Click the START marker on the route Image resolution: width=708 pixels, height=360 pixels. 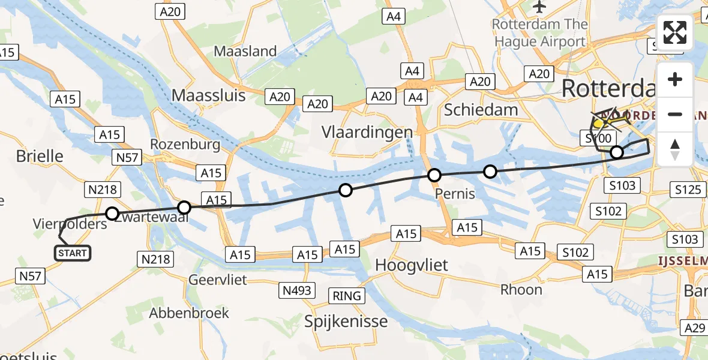(73, 253)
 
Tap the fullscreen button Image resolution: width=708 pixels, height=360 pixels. (675, 32)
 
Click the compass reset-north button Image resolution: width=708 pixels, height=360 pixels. (675, 149)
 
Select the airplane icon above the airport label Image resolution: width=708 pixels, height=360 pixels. (539, 7)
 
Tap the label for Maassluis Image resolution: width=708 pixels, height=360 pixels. (208, 95)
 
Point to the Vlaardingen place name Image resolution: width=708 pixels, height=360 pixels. (367, 132)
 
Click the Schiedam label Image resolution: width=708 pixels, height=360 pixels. (481, 109)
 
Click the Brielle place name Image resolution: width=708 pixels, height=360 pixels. (40, 156)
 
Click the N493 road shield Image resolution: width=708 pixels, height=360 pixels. (297, 291)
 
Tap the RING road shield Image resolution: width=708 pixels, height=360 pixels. (347, 295)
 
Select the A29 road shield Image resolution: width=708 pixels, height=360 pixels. (695, 328)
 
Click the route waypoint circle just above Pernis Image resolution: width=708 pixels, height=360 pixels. (434, 175)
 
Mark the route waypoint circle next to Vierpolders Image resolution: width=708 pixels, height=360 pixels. (112, 213)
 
